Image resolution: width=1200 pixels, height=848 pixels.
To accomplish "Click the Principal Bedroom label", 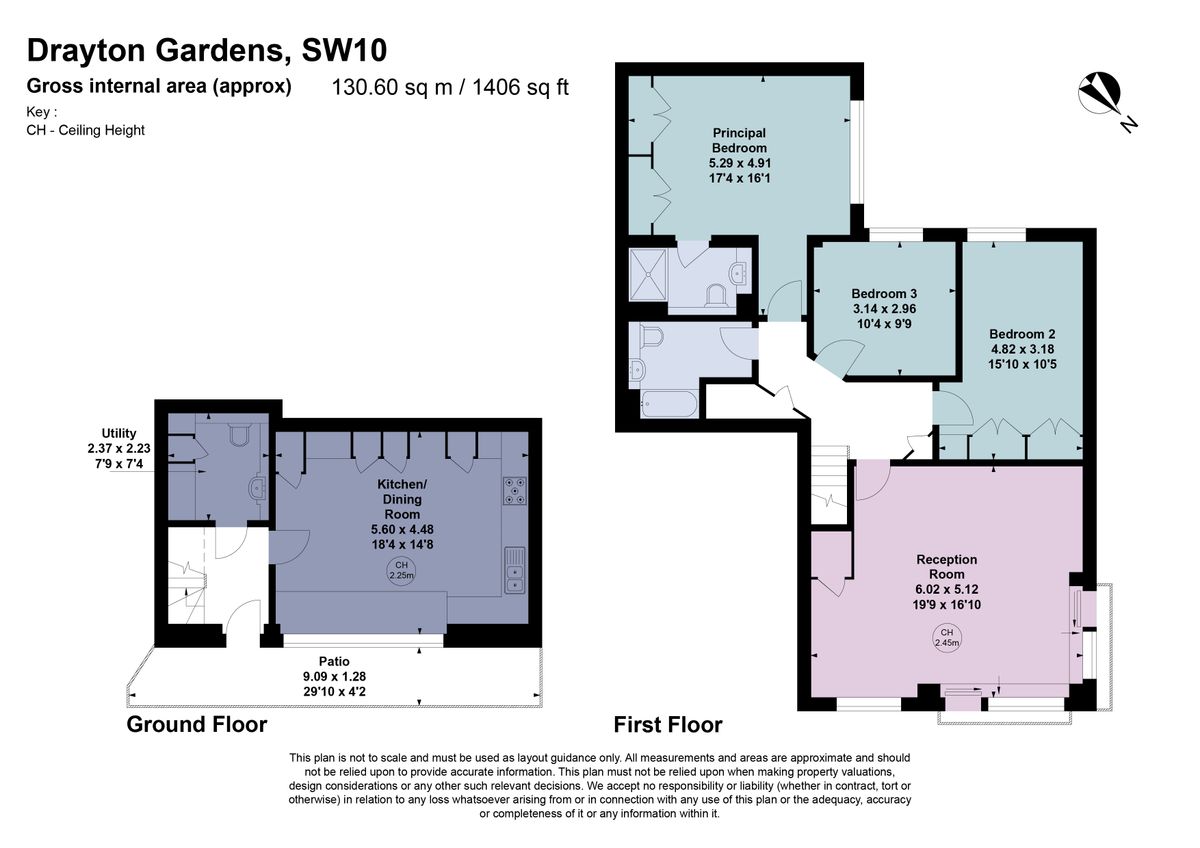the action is (739, 140).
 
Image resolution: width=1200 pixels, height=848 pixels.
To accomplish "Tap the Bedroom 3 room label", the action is (884, 294).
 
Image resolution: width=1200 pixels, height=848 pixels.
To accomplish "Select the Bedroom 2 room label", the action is (1022, 334).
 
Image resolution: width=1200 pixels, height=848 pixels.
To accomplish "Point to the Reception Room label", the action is (947, 567).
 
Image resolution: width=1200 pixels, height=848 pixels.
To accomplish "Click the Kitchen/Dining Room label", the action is (402, 499).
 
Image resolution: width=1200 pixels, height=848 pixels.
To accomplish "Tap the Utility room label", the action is (119, 433).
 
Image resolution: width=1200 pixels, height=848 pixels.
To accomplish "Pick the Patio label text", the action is (334, 661).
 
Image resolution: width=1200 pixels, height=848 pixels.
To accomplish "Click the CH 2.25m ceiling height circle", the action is (402, 571).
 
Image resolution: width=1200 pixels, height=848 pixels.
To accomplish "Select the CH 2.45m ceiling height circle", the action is (947, 638).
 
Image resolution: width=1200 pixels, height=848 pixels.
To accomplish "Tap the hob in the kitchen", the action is (515, 491).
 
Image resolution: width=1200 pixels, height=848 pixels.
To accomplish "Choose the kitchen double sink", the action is (515, 571).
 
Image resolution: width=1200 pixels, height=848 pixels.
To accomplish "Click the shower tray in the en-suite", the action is (648, 275).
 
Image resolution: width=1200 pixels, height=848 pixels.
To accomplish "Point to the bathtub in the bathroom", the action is (669, 404).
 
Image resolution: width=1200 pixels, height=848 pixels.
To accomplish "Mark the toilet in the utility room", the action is (239, 434).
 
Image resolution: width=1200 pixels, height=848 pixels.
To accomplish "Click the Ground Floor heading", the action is (197, 724).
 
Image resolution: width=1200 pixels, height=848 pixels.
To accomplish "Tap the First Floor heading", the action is (668, 725).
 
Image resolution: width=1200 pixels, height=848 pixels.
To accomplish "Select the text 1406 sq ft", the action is (520, 87).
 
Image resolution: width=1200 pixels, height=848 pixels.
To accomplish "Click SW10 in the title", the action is (344, 50).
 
